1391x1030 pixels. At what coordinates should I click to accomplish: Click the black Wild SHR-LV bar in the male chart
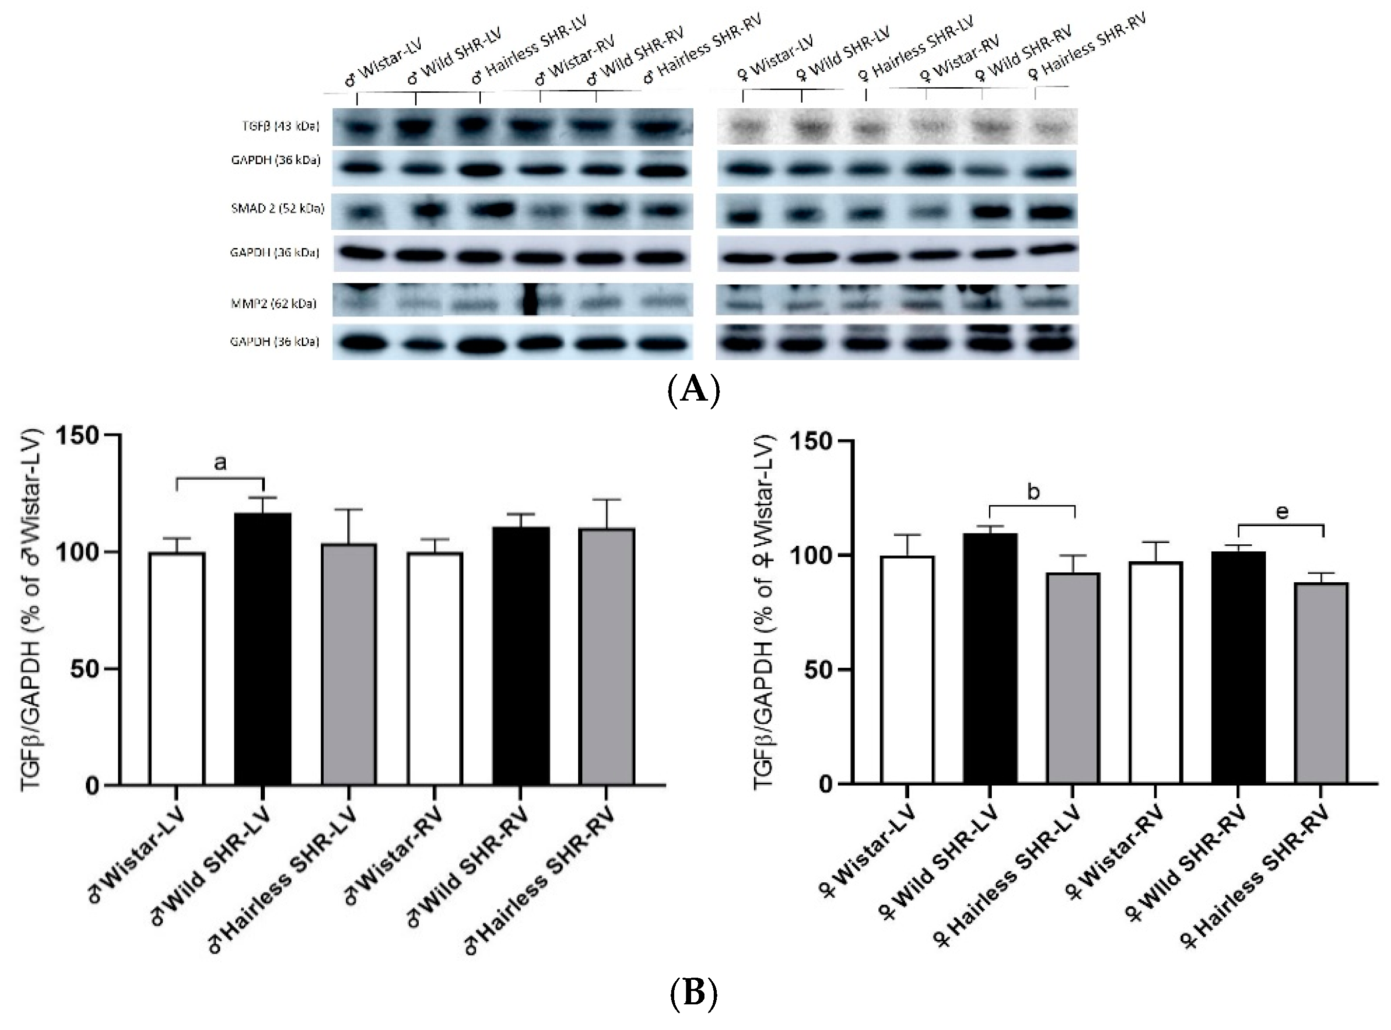tap(263, 648)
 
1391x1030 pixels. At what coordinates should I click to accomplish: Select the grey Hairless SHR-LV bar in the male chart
tap(348, 664)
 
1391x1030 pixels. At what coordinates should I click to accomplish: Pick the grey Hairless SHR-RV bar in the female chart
tap(1321, 683)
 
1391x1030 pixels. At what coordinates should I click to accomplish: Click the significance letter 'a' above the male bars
tap(220, 463)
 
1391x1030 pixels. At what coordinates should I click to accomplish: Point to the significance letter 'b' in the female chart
tap(1033, 492)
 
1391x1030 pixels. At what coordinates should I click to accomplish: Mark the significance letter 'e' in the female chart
tap(1282, 512)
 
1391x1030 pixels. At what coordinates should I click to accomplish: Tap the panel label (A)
tap(694, 390)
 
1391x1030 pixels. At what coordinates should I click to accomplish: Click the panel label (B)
tap(694, 993)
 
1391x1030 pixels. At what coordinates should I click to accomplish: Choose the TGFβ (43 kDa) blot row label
tap(280, 126)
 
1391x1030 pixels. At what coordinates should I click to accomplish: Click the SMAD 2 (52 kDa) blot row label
tap(278, 208)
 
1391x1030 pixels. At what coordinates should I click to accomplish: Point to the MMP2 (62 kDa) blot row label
tap(273, 304)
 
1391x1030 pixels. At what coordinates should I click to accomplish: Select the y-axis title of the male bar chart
tap(31, 610)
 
